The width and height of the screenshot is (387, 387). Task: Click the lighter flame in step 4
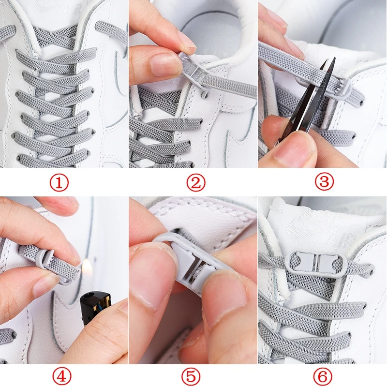pyautogui.click(x=87, y=266)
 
